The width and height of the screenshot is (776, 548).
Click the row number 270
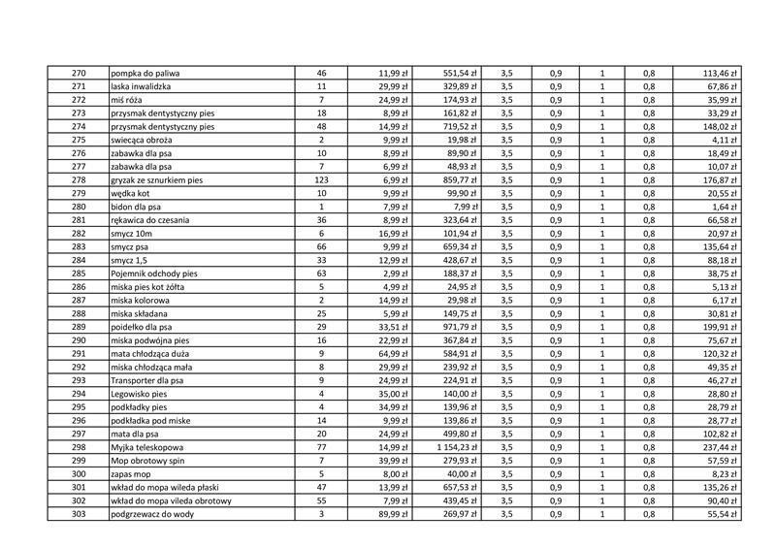[79, 73]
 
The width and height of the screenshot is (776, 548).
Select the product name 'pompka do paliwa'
[145, 73]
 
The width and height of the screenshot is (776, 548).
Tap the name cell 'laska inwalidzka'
[144, 86]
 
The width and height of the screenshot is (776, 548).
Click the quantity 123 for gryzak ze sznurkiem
[321, 180]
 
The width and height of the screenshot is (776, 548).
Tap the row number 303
[79, 513]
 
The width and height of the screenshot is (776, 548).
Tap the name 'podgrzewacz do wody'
[153, 513]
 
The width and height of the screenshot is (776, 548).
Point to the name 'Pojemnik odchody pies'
[156, 274]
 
